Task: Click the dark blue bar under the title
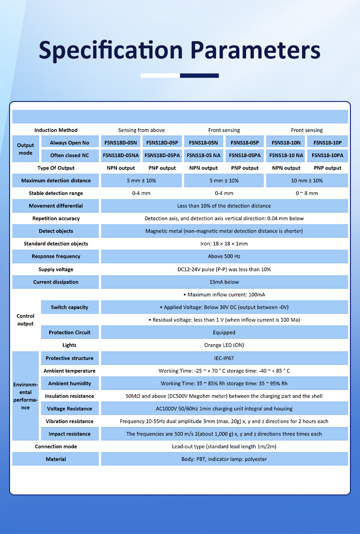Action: click(x=199, y=76)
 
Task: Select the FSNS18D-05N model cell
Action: click(x=121, y=143)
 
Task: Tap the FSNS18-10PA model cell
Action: click(x=328, y=155)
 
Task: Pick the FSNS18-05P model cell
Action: click(x=245, y=143)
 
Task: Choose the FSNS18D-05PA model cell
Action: click(x=162, y=155)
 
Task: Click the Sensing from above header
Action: click(x=141, y=130)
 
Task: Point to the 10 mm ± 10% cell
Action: click(x=307, y=181)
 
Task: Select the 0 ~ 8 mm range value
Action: click(x=307, y=193)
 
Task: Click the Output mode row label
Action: click(x=26, y=149)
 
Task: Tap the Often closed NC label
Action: click(x=69, y=155)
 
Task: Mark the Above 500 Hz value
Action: click(x=224, y=257)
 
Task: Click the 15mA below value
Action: click(x=224, y=282)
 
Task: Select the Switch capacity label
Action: click(x=69, y=307)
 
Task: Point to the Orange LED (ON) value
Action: click(x=224, y=345)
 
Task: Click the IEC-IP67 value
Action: click(x=224, y=359)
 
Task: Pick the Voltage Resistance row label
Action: click(x=69, y=409)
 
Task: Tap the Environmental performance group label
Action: click(x=26, y=395)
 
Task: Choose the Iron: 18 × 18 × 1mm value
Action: click(x=224, y=244)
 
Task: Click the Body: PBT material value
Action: click(x=224, y=459)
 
